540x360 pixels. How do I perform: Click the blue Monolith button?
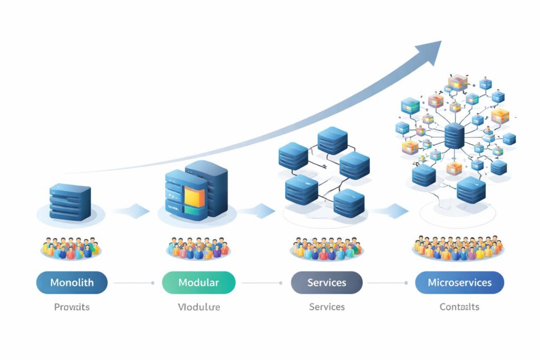click(72, 283)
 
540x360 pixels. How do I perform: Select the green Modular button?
click(198, 283)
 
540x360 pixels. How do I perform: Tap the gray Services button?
click(326, 283)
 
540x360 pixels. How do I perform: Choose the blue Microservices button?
click(459, 283)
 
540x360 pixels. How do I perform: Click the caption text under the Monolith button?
click(72, 307)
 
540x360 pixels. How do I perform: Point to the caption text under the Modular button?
click(199, 307)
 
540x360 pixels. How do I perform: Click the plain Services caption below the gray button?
click(326, 307)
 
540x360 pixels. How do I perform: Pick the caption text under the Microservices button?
click(459, 307)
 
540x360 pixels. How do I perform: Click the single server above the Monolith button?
click(70, 201)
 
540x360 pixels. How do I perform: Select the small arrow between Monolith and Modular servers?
click(132, 211)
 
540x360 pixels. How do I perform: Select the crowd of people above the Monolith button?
click(71, 247)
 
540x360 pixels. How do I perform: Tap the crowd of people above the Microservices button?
click(458, 247)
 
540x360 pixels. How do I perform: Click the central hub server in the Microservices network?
click(454, 135)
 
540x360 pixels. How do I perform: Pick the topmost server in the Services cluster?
click(332, 141)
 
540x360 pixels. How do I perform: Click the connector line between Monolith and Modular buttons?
click(133, 283)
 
